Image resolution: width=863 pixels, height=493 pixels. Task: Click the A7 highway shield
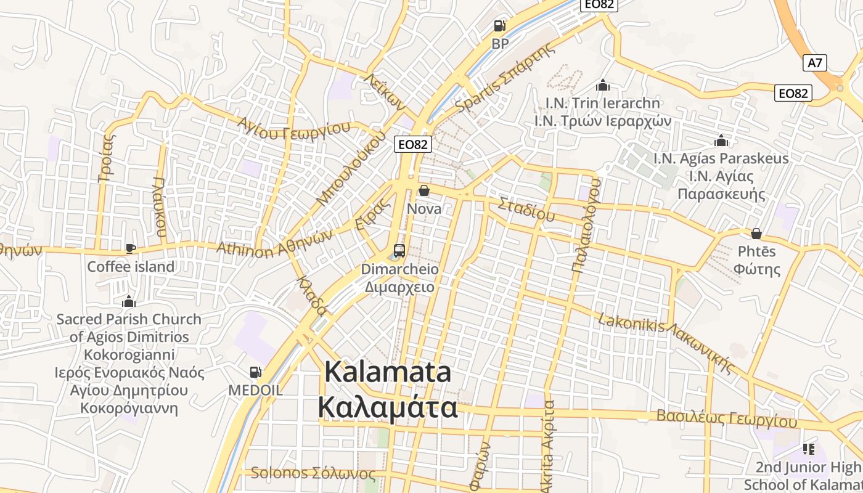coord(815,62)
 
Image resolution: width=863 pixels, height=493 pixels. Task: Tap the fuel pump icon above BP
coord(499,26)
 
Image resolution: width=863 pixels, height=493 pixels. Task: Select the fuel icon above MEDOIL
coord(255,372)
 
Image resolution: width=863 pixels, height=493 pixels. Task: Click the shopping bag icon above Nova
coord(424,191)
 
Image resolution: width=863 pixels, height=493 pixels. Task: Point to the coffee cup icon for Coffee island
coord(130,248)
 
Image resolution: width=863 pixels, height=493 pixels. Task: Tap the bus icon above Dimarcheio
coord(399,251)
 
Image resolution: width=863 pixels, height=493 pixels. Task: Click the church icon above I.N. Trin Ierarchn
coord(602,85)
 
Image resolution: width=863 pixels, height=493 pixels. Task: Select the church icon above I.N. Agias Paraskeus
coord(721,141)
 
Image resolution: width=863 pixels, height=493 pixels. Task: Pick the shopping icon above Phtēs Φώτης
coord(756,234)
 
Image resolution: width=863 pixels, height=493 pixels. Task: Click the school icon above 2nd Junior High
coord(808,449)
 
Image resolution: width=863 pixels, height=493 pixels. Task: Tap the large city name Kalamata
coord(388,373)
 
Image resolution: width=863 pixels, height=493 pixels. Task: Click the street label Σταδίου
coord(526,209)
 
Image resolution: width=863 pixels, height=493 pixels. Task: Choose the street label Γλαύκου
coord(160,208)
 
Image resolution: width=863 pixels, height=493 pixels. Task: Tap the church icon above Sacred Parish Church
coord(128,301)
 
